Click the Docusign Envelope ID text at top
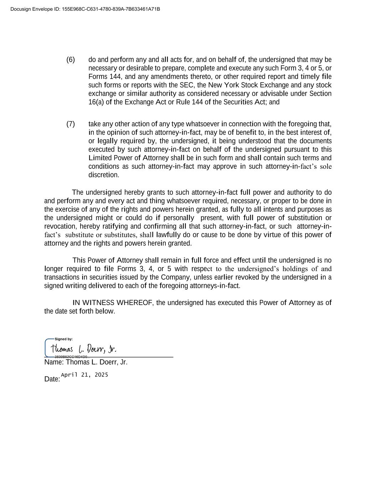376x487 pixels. pyautogui.click(x=85, y=9)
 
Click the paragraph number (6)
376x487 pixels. pyautogui.click(x=71, y=60)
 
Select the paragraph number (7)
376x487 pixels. pyautogui.click(x=71, y=124)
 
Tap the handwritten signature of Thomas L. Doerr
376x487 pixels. pyautogui.click(x=83, y=349)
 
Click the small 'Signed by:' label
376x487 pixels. pyautogui.click(x=64, y=339)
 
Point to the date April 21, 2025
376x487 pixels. pyautogui.click(x=84, y=375)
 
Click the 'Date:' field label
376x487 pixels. pyautogui.click(x=52, y=379)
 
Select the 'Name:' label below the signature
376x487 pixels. pyautogui.click(x=54, y=362)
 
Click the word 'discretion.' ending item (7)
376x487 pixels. pyautogui.click(x=104, y=175)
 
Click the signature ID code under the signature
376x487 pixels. pyautogui.click(x=72, y=357)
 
